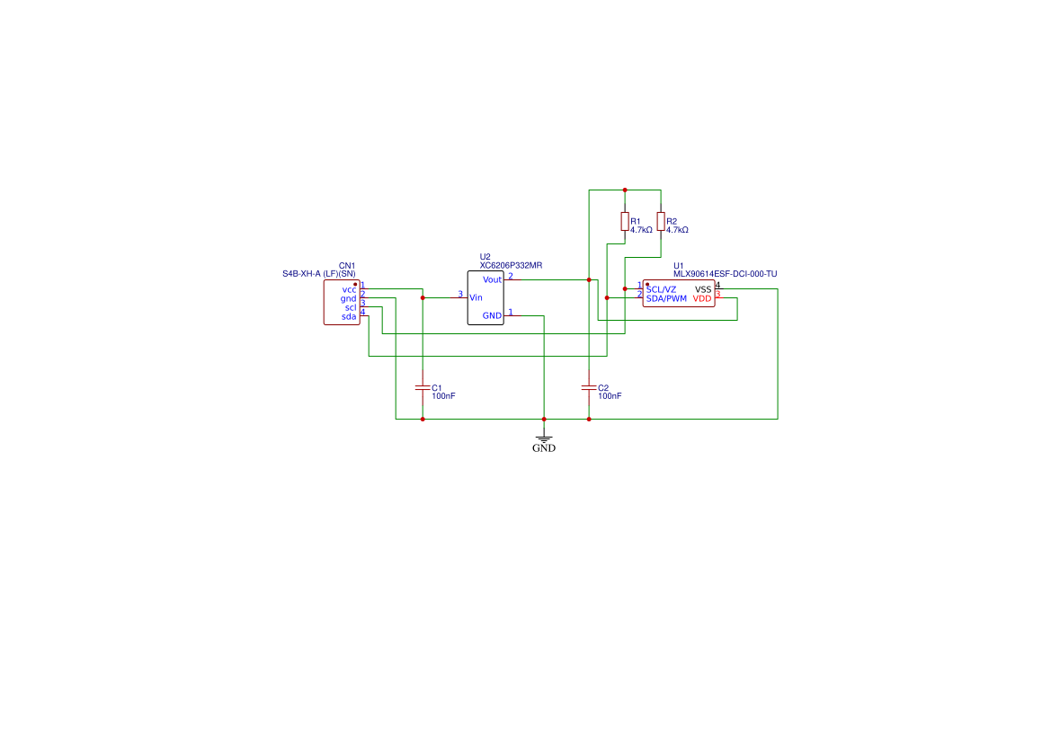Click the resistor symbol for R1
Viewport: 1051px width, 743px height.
pyautogui.click(x=625, y=221)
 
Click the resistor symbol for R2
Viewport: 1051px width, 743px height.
pyautogui.click(x=661, y=221)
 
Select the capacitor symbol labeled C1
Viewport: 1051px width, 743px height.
pyautogui.click(x=423, y=387)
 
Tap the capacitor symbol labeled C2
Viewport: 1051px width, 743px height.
pyautogui.click(x=589, y=387)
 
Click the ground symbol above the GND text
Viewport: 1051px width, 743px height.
pyautogui.click(x=544, y=438)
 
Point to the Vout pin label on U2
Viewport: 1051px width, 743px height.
pyautogui.click(x=492, y=280)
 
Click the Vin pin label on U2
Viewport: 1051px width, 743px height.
pyautogui.click(x=476, y=298)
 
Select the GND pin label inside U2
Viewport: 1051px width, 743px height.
pyautogui.click(x=492, y=315)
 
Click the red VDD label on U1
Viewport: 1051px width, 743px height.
pyautogui.click(x=702, y=299)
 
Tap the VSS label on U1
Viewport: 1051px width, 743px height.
pyautogui.click(x=703, y=289)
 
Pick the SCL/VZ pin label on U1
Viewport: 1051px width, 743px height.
pyautogui.click(x=662, y=289)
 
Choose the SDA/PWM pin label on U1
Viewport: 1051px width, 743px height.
pyautogui.click(x=666, y=299)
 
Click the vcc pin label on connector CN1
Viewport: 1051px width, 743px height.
pyautogui.click(x=349, y=290)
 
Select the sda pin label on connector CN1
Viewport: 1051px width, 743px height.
pyautogui.click(x=349, y=317)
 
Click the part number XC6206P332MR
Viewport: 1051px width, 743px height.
pyautogui.click(x=511, y=265)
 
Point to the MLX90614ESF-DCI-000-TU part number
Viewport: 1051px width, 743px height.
pyautogui.click(x=726, y=274)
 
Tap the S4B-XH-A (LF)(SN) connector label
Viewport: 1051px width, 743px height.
pyautogui.click(x=319, y=274)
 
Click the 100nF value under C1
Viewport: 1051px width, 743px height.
pyautogui.click(x=443, y=396)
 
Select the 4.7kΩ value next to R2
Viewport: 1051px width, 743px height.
pyautogui.click(x=677, y=230)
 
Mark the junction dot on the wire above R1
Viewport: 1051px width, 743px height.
pyautogui.click(x=625, y=190)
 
